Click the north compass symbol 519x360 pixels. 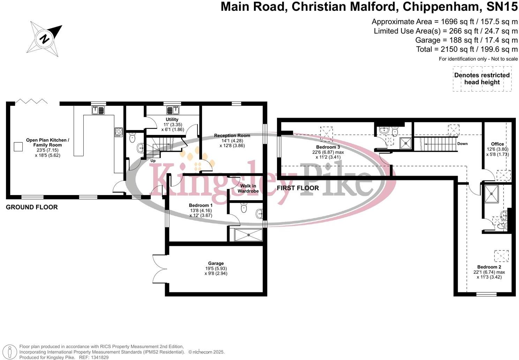(44, 38)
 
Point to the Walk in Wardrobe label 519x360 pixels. (248, 188)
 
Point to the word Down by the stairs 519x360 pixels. (462, 144)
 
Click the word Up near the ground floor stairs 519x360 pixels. (153, 161)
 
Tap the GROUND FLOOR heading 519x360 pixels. (32, 207)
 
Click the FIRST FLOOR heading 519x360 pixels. (298, 188)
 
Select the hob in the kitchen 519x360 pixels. (119, 132)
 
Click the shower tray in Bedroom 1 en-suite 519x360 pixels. (248, 235)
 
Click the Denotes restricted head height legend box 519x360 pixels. (482, 79)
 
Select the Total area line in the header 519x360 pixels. (467, 49)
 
